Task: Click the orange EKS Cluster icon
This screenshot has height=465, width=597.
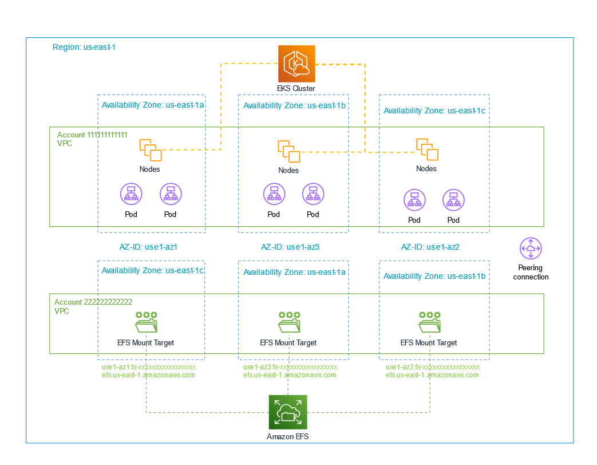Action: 296,64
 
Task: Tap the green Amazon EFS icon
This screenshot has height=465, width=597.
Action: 288,412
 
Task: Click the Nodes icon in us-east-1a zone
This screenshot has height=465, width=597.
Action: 150,149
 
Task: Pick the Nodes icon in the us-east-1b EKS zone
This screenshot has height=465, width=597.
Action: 288,151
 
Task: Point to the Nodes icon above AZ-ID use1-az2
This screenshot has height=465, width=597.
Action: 427,149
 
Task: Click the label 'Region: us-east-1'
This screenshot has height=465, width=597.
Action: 84,47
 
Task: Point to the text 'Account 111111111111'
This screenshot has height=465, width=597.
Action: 92,135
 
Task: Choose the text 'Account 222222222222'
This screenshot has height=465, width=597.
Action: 93,302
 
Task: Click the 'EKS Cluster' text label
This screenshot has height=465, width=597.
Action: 296,89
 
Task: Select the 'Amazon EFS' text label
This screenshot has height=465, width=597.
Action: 288,436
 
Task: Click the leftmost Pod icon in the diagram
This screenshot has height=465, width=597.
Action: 131,195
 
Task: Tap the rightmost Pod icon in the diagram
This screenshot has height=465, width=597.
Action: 453,200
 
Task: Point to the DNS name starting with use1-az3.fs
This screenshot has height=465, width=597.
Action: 291,371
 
